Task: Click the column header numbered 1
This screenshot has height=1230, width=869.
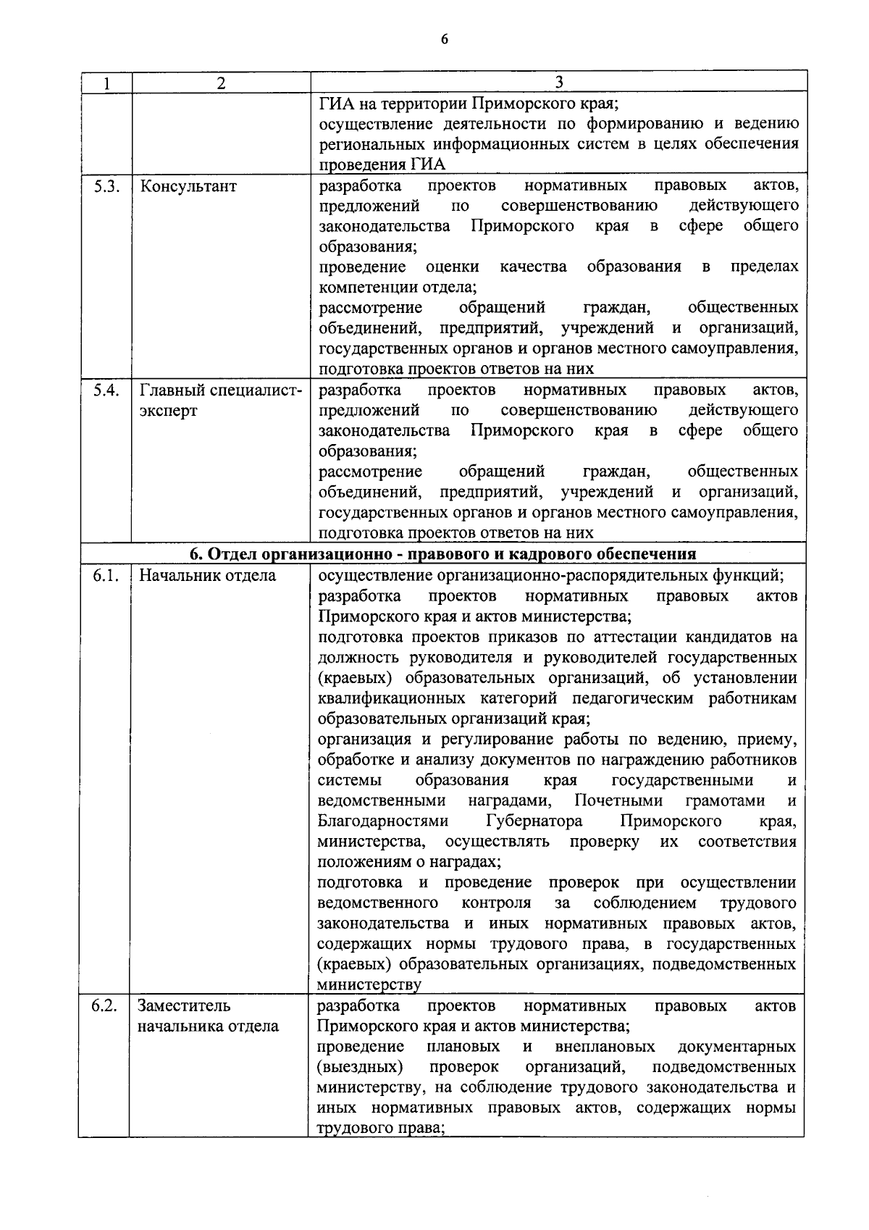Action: tap(106, 83)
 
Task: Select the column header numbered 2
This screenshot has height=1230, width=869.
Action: tap(221, 83)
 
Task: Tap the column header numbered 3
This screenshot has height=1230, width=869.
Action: tap(558, 82)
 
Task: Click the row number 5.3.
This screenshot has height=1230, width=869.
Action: tap(106, 186)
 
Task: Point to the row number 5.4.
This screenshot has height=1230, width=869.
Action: tap(106, 390)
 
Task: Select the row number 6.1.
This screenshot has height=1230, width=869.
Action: tap(106, 576)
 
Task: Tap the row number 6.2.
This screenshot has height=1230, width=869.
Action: tap(106, 1005)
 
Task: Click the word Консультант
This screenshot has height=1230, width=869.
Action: tap(188, 186)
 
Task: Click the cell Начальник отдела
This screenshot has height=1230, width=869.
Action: tap(208, 576)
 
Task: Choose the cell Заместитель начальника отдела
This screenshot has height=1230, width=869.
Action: tap(209, 1016)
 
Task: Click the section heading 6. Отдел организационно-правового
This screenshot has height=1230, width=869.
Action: tap(442, 555)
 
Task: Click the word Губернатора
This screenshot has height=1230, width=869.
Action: tap(534, 821)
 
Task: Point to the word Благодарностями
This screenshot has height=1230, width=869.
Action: tap(383, 821)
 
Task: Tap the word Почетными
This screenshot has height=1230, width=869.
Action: tap(618, 801)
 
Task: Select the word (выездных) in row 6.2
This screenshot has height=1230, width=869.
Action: tap(360, 1067)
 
